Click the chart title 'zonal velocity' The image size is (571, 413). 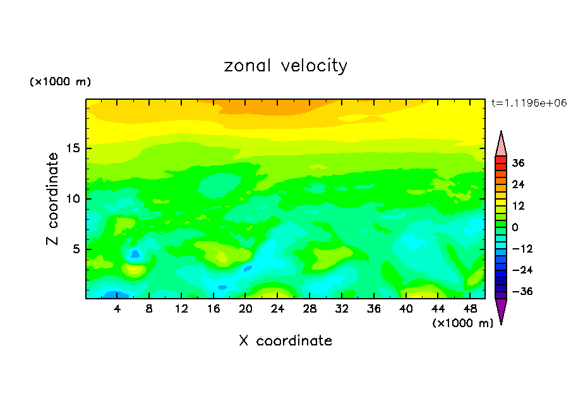[285, 66]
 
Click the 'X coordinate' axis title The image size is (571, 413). [285, 341]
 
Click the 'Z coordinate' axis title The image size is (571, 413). [53, 198]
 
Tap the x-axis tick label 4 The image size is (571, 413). [117, 309]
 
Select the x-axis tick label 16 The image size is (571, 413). [213, 309]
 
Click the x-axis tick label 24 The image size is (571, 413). [278, 309]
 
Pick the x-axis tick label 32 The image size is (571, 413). [342, 309]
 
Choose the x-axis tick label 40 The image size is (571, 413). [406, 309]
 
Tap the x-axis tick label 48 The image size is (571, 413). [470, 309]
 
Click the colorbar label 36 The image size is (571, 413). [519, 163]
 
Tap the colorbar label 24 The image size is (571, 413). [519, 184]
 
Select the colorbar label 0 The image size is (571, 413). [515, 227]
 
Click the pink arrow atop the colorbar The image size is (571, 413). [501, 144]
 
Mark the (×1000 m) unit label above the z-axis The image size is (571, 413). [60, 82]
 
